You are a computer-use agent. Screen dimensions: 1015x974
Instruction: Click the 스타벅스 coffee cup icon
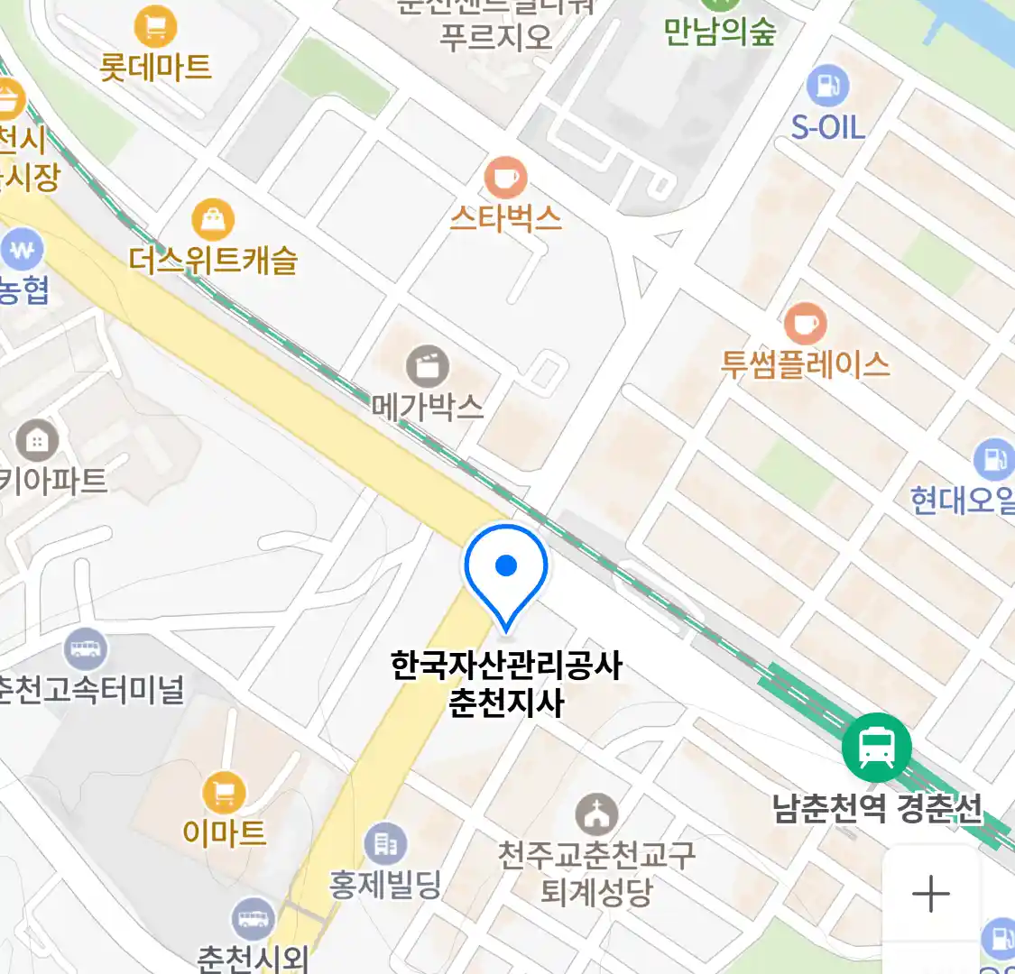505,177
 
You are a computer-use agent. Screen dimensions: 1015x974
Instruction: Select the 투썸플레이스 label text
805,364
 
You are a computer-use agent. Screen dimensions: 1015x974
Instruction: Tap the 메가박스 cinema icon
428,366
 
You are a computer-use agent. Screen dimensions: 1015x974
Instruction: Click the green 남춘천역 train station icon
876,748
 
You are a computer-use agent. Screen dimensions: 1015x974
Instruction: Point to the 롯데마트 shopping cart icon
155,27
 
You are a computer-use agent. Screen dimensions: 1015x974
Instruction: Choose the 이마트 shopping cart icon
224,794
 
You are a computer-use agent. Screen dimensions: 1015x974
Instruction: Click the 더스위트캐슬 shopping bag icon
213,220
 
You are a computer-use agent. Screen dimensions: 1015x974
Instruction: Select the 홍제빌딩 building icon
385,844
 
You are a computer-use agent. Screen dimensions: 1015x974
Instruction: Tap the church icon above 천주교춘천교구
596,815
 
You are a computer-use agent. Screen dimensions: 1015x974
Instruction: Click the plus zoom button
931,894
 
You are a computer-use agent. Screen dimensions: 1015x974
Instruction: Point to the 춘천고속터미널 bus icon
86,649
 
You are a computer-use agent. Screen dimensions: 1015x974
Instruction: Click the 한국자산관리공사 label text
506,666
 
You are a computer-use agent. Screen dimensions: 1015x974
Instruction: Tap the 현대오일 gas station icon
994,460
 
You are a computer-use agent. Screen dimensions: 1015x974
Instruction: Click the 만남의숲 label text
719,32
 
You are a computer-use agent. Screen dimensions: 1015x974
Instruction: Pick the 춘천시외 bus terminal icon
253,919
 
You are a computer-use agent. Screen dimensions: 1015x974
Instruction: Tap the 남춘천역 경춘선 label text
877,807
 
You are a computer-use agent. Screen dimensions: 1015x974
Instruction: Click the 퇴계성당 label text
596,892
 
